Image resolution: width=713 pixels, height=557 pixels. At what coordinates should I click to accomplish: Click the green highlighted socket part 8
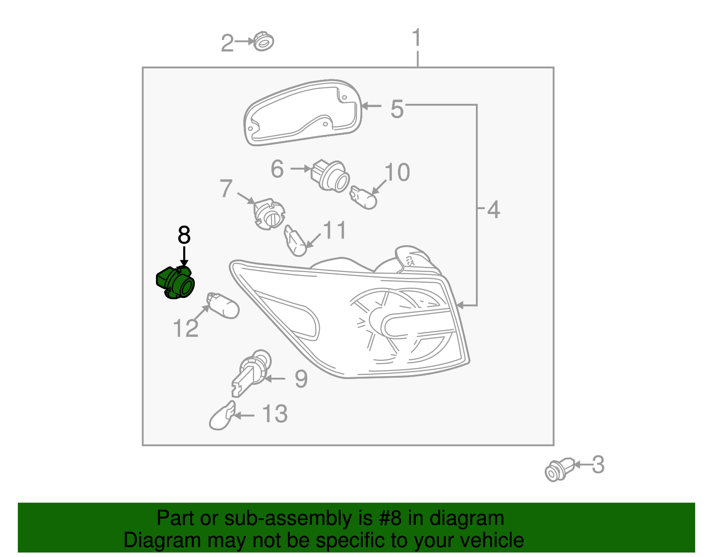click(x=176, y=284)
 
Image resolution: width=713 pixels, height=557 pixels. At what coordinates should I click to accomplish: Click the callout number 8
click(x=184, y=235)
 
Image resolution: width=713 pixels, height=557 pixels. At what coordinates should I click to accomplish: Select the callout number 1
click(x=417, y=38)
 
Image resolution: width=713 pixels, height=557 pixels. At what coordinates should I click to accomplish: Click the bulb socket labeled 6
click(x=330, y=175)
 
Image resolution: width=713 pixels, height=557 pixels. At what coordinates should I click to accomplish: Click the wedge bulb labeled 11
click(x=295, y=241)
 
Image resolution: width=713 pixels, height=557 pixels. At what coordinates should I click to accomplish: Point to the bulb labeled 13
click(x=221, y=417)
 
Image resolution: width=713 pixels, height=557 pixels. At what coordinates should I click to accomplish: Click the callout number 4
click(x=493, y=209)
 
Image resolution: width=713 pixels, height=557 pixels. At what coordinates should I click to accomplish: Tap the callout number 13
click(x=275, y=414)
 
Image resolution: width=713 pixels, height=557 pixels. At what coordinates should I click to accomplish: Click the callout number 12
click(x=185, y=329)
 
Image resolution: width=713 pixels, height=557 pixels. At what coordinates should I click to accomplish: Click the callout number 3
click(x=598, y=465)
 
